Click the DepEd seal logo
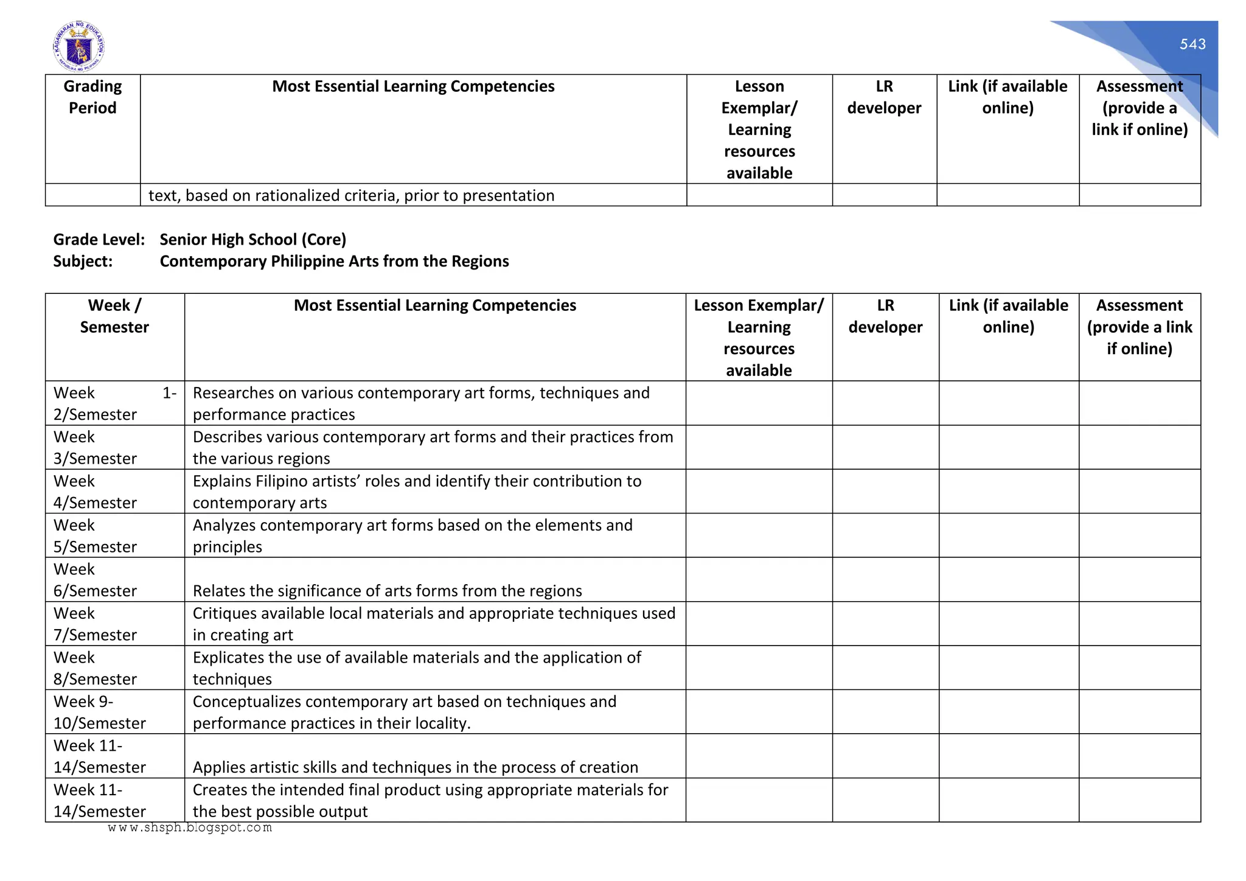tap(78, 46)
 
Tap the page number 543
tap(1192, 44)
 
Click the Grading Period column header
tap(92, 97)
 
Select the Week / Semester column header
tap(114, 316)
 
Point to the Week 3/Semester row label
tap(95, 448)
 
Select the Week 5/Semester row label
tap(95, 536)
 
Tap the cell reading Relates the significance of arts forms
tap(387, 591)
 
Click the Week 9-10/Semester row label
tap(99, 712)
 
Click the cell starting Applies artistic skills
tap(415, 767)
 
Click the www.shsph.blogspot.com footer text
tap(190, 827)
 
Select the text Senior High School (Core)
tap(252, 240)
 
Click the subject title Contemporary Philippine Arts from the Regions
tap(334, 262)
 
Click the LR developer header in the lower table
tap(885, 316)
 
